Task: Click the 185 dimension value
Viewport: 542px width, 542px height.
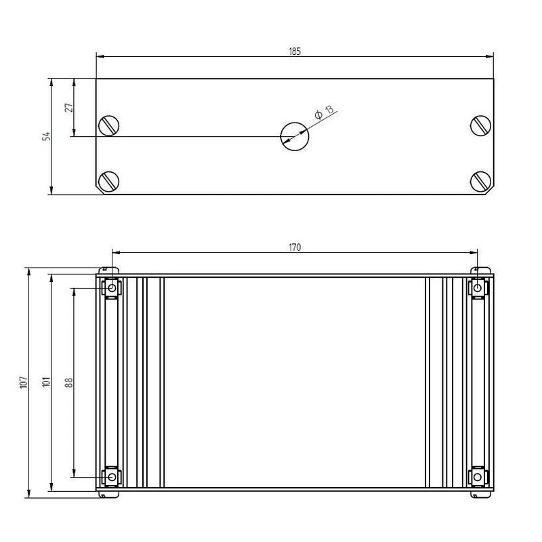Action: tap(295, 51)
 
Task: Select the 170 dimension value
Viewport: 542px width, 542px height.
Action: tap(295, 247)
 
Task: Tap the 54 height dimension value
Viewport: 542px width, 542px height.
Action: tap(46, 136)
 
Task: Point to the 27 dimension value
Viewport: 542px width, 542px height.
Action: tap(69, 107)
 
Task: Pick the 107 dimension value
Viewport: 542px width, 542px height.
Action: tap(24, 382)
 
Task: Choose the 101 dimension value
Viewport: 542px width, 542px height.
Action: tap(46, 382)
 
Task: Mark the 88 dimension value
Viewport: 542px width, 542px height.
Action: tap(69, 382)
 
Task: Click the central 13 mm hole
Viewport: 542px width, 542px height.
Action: tap(295, 136)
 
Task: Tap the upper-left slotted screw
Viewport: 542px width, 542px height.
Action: tap(109, 126)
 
